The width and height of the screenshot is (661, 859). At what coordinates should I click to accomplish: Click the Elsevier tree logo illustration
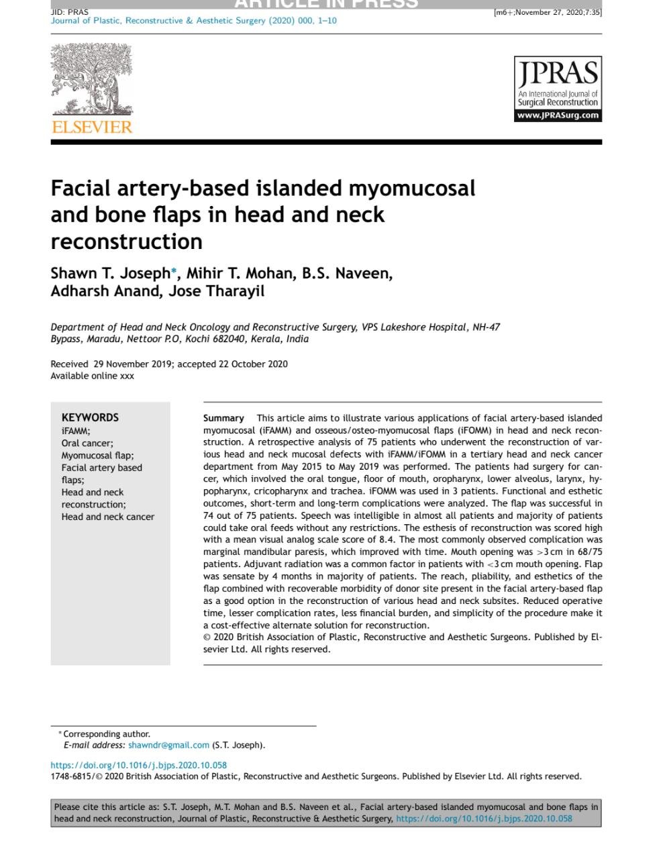coord(92,79)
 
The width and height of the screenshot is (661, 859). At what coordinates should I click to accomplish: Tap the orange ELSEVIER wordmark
coord(92,127)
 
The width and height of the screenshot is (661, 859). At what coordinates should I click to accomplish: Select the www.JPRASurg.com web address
coord(558,115)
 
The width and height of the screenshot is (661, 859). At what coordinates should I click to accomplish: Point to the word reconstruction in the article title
coord(126,241)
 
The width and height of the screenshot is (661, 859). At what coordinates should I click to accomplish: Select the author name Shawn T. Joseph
coord(110,274)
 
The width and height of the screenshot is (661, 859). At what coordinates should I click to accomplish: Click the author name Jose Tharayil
coord(216,291)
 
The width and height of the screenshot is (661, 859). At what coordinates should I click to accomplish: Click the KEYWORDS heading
coord(90,417)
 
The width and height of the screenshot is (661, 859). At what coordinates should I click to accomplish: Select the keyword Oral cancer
coord(87,443)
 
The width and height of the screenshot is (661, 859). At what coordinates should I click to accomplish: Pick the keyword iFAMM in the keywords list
coord(75,431)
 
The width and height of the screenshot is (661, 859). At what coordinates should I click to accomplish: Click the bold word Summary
coord(223,418)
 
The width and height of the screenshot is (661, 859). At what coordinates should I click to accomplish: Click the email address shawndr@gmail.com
coord(168,745)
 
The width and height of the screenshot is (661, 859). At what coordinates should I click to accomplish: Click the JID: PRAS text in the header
coord(69,11)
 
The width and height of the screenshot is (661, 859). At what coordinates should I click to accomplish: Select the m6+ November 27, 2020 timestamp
coord(548,12)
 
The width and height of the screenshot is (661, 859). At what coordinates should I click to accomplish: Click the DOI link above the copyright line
coord(139,765)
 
